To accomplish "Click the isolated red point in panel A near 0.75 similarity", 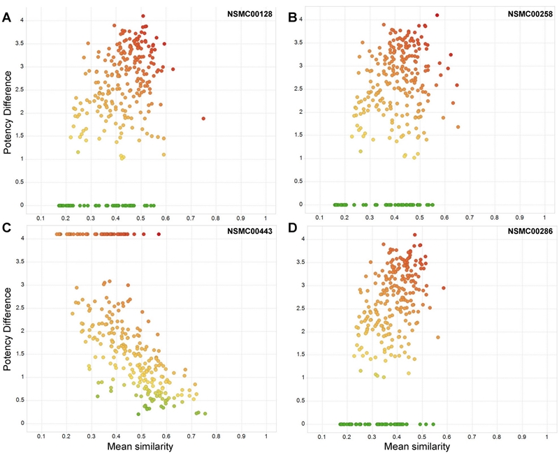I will tap(203, 119).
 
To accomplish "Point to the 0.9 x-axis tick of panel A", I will tap(240, 218).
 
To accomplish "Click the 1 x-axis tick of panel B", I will tap(545, 218).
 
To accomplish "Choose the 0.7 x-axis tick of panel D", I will tap(472, 436).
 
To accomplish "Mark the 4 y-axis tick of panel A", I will tap(23, 20).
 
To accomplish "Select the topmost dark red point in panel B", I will tap(437, 15).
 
